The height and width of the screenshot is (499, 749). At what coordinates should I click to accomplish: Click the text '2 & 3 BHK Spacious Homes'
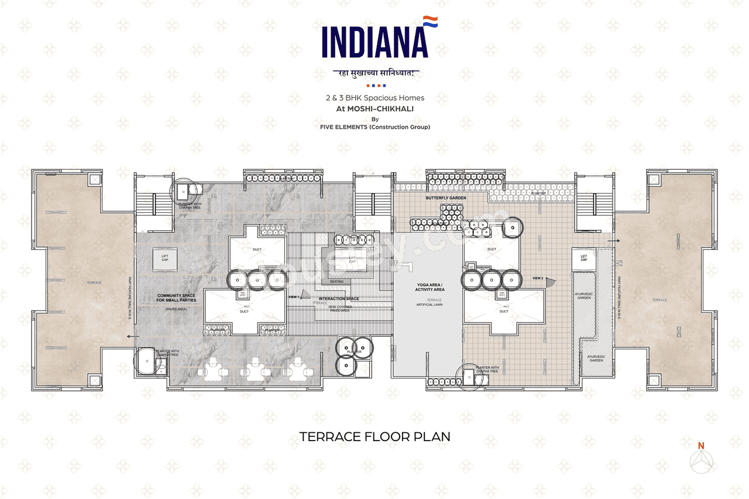pos(374,98)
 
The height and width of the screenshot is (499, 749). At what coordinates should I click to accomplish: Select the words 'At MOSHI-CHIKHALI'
pos(374,108)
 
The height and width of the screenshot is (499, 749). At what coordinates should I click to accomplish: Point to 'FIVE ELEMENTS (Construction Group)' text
pos(374,127)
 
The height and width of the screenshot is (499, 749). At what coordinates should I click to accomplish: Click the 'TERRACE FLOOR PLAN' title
pos(374,436)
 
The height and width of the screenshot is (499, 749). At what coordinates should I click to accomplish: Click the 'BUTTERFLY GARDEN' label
pos(446,198)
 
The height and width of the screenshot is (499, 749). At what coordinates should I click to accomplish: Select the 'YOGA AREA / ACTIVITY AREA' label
pos(430,287)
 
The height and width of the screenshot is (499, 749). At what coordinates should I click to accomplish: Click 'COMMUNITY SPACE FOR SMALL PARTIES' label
pos(177,298)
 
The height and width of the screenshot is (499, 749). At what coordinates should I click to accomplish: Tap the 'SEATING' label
pos(336,281)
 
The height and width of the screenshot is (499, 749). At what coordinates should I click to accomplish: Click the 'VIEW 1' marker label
pos(294,297)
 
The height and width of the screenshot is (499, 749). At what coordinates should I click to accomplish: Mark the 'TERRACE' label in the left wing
pos(94,283)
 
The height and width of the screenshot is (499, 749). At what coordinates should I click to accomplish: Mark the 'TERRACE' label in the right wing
pos(659,300)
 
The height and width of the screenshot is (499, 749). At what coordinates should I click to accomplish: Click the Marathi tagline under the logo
pos(374,73)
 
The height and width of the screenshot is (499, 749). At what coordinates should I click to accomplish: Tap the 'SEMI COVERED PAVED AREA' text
pos(339,308)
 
